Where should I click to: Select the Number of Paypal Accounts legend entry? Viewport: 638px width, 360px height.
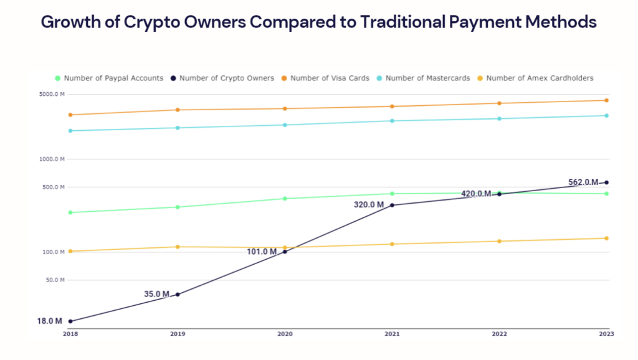pos(113,78)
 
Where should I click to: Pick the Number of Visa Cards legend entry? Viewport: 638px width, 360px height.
pos(329,78)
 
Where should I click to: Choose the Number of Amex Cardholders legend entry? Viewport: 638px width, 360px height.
pos(539,78)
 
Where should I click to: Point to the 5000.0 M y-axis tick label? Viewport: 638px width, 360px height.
pos(52,95)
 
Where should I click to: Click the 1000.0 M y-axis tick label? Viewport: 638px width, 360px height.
pos(52,159)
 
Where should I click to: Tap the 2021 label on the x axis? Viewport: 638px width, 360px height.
pos(392,334)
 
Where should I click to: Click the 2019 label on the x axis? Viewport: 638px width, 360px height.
pos(178,334)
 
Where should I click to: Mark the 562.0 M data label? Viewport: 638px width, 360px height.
pos(583,182)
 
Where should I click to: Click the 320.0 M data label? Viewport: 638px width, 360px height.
pos(369,205)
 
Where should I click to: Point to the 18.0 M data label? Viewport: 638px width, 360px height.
pos(49,321)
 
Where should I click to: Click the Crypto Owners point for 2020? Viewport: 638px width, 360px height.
pos(285,252)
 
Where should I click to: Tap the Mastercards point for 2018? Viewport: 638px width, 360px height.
pos(70,131)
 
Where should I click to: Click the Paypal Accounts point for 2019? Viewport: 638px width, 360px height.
pos(178,207)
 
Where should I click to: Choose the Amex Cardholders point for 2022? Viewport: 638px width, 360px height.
pos(499,241)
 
